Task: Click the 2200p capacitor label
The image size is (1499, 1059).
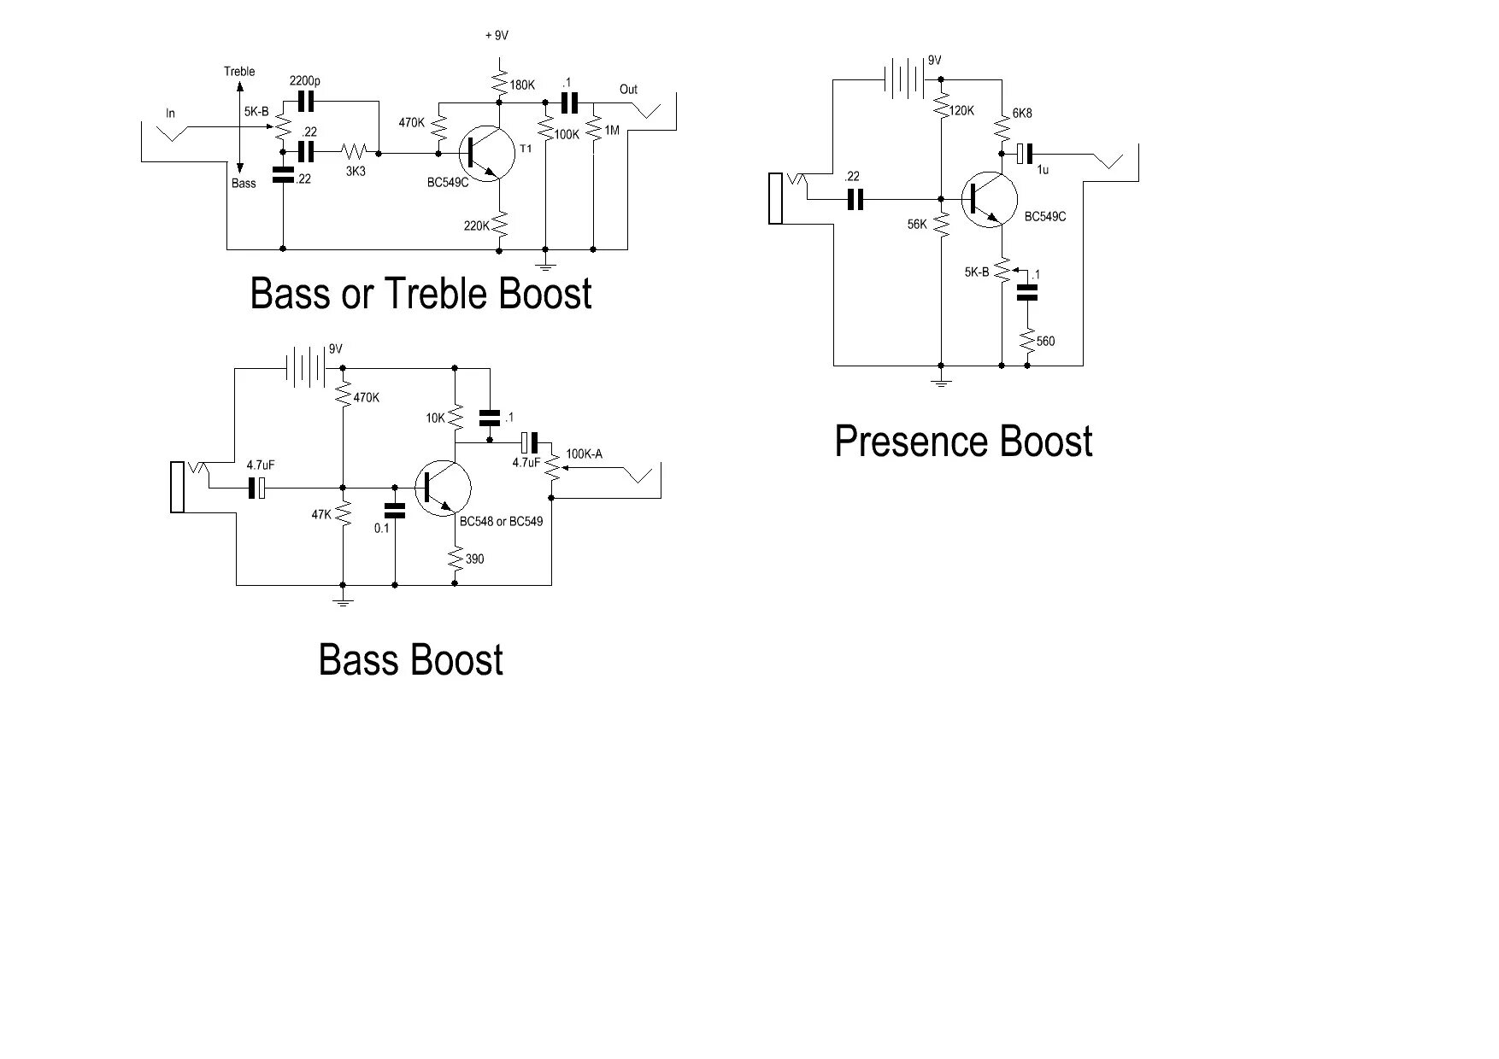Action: coord(304,81)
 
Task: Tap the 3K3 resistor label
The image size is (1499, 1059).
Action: coord(356,171)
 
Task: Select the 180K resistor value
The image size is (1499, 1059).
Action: coord(522,85)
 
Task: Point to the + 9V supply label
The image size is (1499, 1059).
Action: coord(497,36)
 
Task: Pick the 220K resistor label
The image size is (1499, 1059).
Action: coord(476,225)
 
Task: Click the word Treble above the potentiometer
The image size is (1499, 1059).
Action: coord(239,72)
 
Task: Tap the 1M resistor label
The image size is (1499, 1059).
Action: coord(611,131)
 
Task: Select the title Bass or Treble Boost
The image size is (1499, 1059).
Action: coord(420,294)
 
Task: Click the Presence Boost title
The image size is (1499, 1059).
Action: coord(963,442)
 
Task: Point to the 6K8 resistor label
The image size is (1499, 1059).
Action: coord(1022,113)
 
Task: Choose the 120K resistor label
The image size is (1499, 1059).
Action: coord(961,111)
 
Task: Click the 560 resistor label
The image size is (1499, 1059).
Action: coord(1045,341)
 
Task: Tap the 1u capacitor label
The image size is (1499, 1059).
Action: coord(1043,170)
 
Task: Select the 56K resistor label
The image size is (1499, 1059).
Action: coord(917,224)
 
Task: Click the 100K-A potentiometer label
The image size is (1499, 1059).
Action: coord(584,453)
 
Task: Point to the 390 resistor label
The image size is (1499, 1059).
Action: coord(474,559)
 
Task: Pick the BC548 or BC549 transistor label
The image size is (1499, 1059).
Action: coord(501,521)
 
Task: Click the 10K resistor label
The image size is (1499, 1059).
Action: coord(435,418)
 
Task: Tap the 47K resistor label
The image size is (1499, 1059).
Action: coord(321,515)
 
